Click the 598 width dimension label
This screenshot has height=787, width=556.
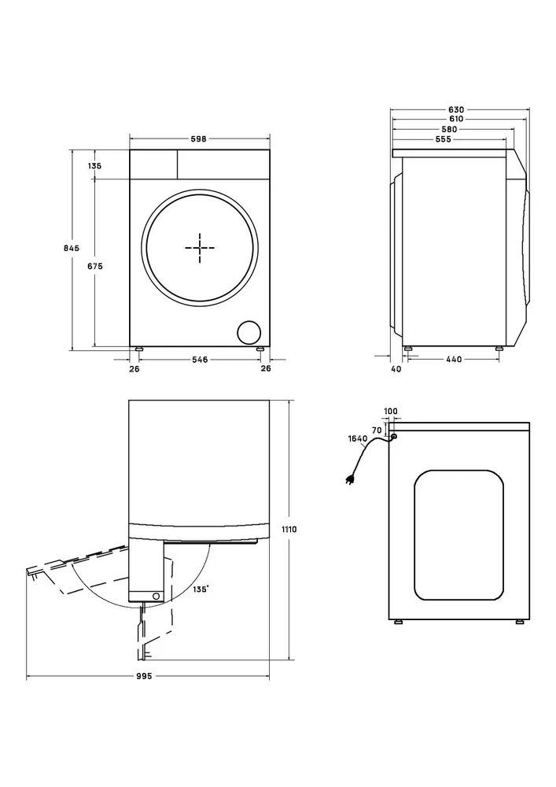[198, 139]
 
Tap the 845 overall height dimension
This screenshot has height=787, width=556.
[72, 248]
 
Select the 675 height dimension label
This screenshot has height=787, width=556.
[95, 266]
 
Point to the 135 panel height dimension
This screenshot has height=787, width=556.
[94, 165]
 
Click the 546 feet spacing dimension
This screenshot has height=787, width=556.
[200, 360]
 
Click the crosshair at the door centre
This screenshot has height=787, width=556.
[200, 248]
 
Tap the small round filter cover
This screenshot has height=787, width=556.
[249, 333]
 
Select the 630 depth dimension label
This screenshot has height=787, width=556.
[456, 109]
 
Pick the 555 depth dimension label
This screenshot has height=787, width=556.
[444, 139]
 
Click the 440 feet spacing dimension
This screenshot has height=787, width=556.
[454, 360]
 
